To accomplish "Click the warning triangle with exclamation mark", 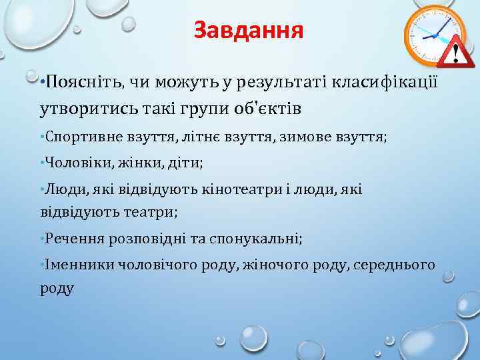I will tap(456, 49).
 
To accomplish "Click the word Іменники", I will tap(75, 265).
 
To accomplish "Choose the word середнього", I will tap(398, 265).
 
